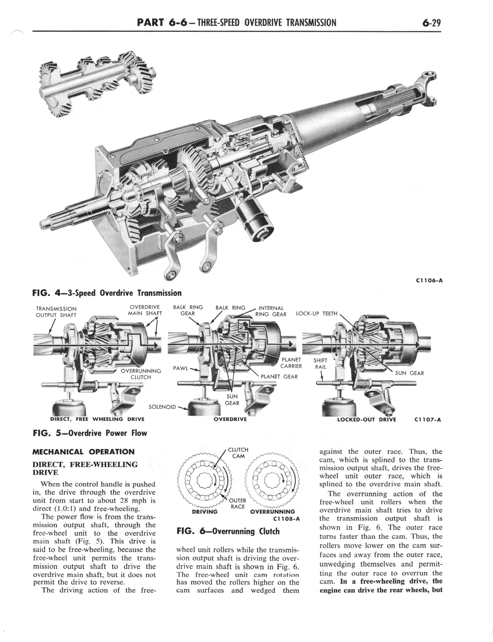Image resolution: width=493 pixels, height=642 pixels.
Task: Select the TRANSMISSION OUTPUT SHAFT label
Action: click(56, 312)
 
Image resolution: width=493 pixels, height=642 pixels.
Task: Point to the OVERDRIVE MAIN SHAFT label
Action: click(145, 310)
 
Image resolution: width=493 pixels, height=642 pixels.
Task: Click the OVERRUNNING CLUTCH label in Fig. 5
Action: click(141, 374)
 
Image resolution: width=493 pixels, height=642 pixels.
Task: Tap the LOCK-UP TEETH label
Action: click(317, 313)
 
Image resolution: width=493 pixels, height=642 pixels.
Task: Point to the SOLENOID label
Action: click(162, 407)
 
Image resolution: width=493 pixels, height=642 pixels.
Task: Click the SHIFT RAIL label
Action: click(320, 363)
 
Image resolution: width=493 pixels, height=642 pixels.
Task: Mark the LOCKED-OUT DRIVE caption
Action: click(367, 419)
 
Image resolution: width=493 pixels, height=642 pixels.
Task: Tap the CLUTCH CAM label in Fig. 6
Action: click(238, 453)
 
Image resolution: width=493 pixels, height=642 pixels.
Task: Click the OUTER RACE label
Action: click(238, 503)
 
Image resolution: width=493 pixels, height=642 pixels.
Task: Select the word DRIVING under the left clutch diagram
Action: click(205, 512)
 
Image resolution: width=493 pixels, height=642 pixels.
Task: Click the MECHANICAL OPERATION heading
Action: click(83, 452)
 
